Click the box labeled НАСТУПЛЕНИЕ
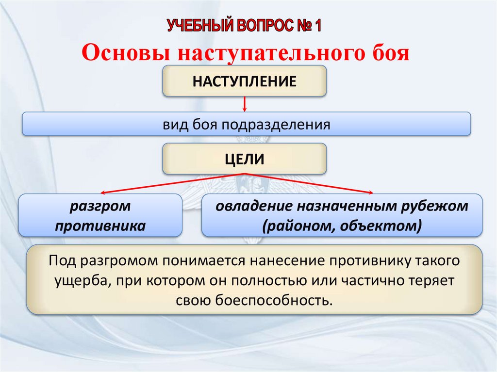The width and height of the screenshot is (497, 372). pyautogui.click(x=244, y=81)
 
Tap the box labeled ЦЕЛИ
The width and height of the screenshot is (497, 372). pyautogui.click(x=244, y=159)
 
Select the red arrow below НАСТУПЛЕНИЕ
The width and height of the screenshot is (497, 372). pyautogui.click(x=245, y=103)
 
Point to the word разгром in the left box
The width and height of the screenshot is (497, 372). pyautogui.click(x=100, y=206)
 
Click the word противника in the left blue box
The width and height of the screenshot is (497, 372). pyautogui.click(x=100, y=226)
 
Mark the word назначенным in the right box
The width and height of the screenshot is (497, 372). pyautogui.click(x=344, y=206)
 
